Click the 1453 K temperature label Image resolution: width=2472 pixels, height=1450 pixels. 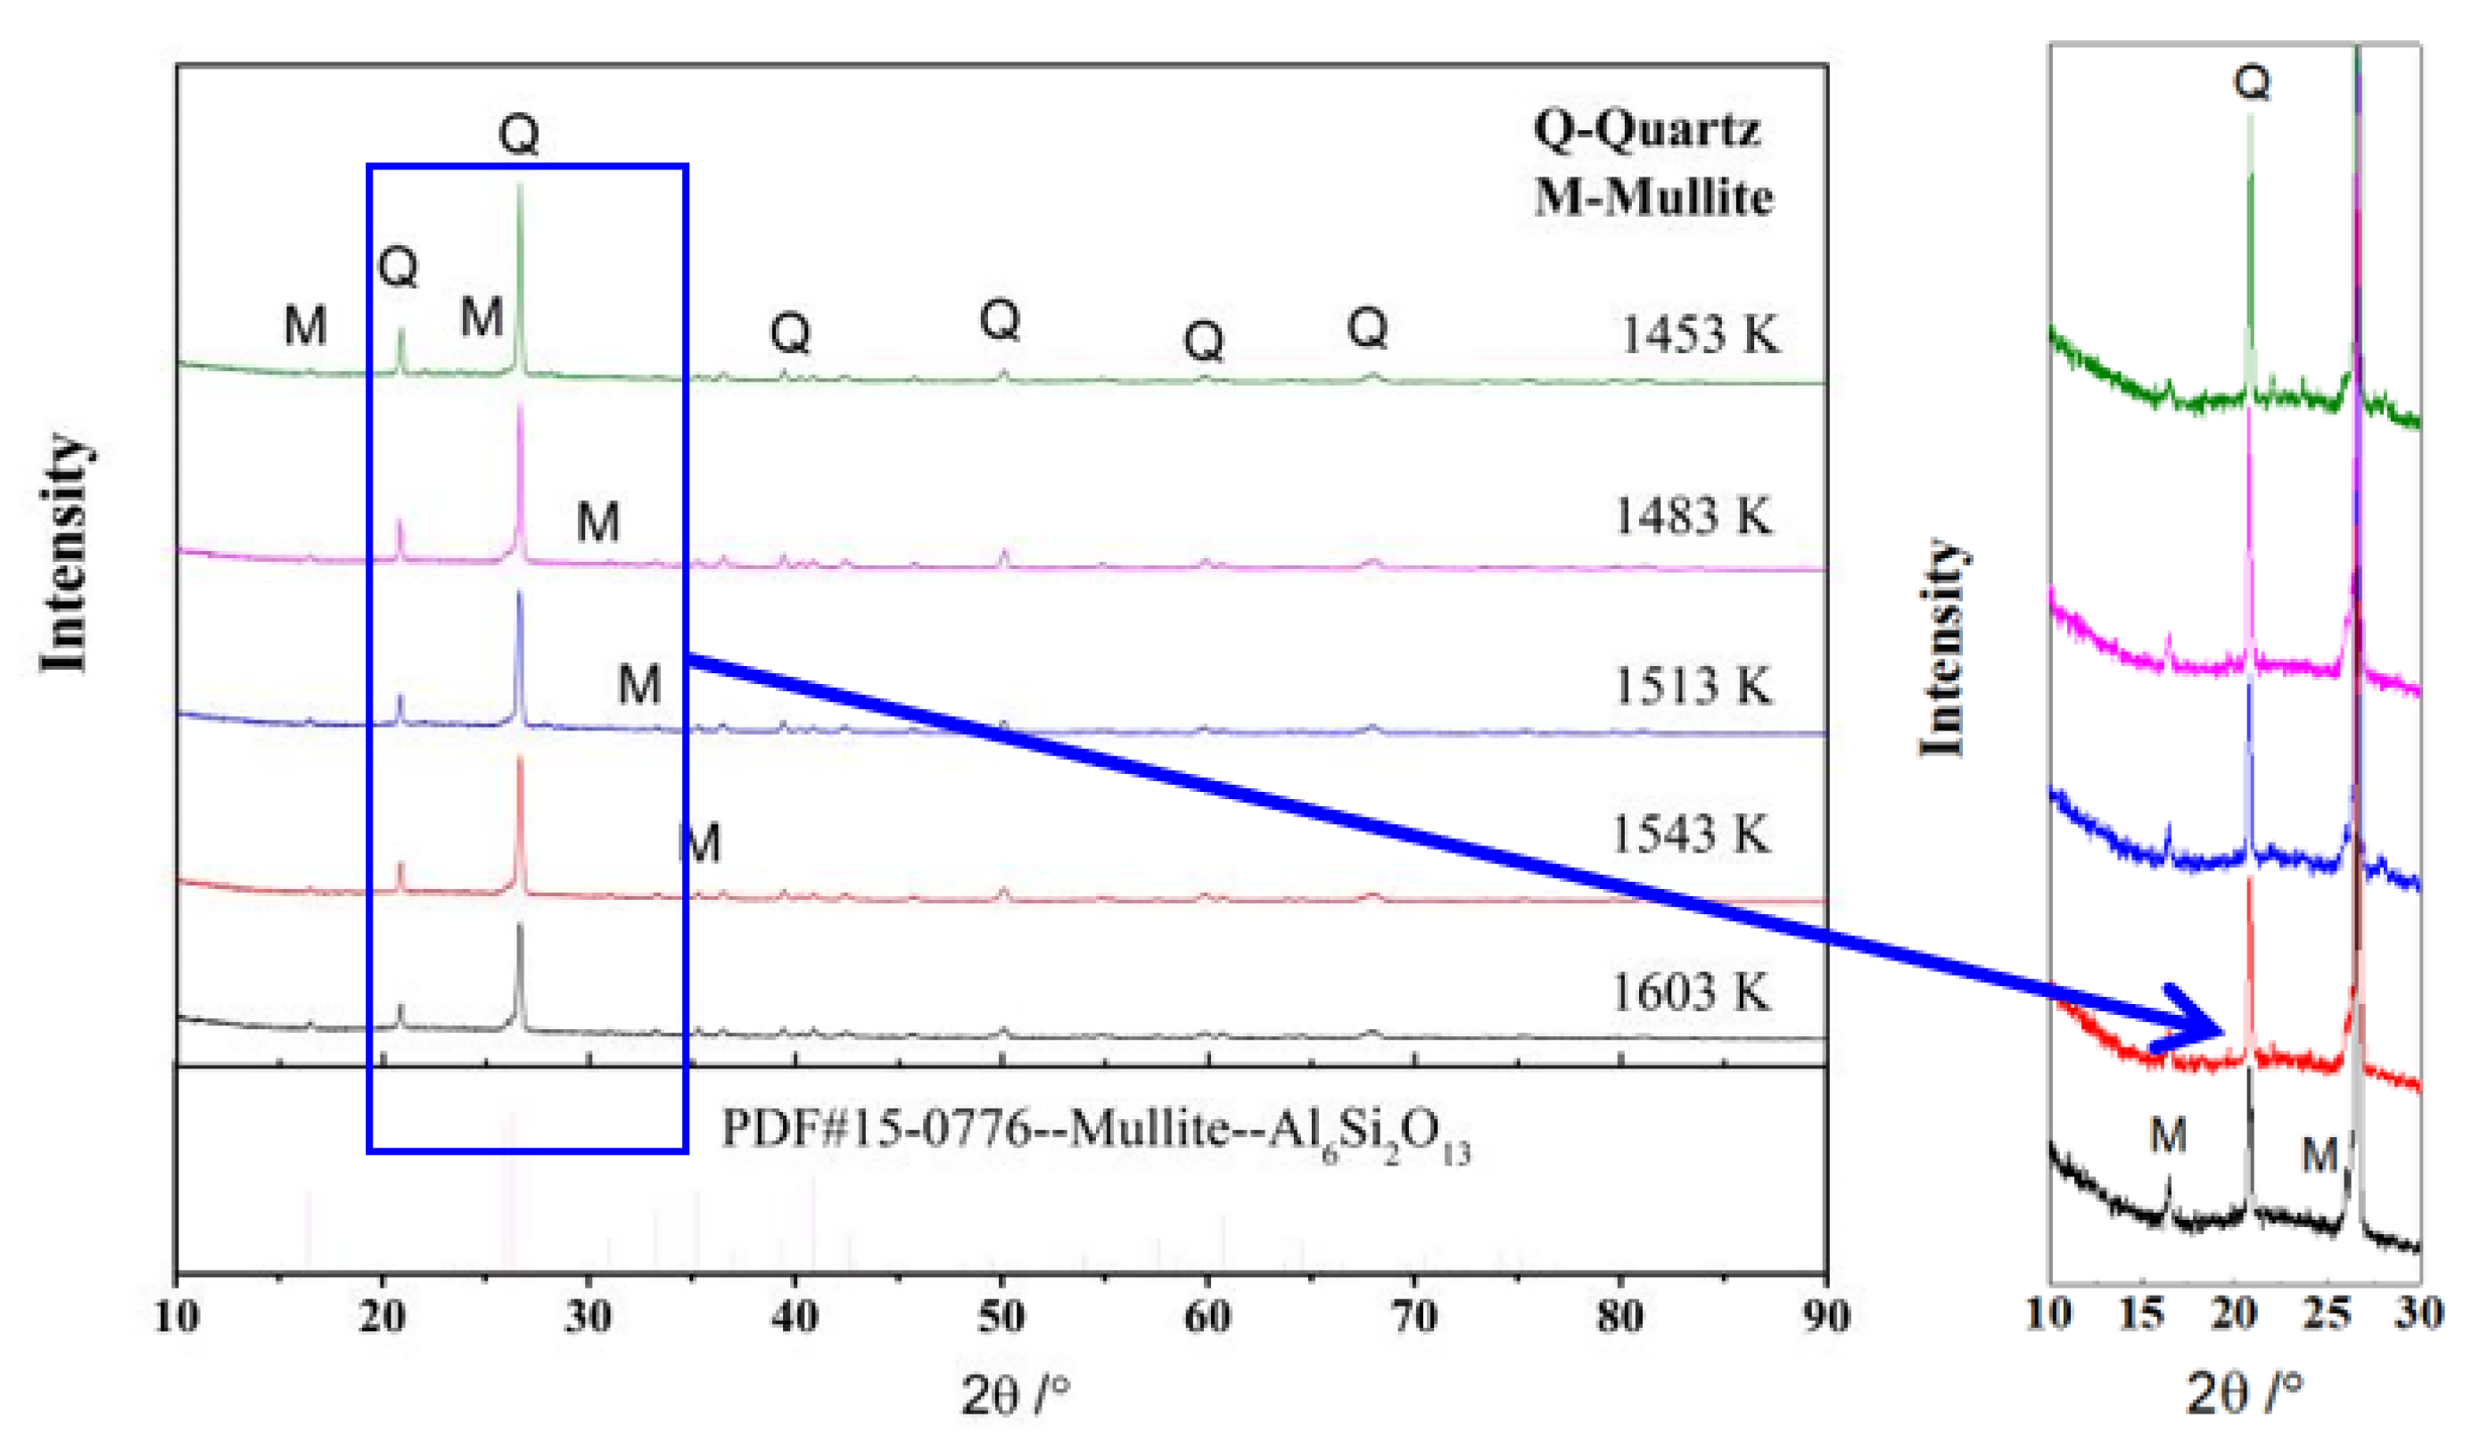pyautogui.click(x=1698, y=335)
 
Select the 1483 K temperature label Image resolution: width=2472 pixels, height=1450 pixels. pyautogui.click(x=1693, y=516)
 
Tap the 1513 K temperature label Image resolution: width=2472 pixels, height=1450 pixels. pyautogui.click(x=1693, y=686)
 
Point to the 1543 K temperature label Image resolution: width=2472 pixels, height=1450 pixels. pyautogui.click(x=1691, y=835)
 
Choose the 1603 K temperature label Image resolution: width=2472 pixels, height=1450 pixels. pyautogui.click(x=1691, y=992)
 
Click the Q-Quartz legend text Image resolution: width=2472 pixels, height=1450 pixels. pyautogui.click(x=1647, y=128)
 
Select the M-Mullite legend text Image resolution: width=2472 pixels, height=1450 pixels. pyautogui.click(x=1654, y=197)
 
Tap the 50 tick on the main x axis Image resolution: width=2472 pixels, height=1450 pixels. pyautogui.click(x=1001, y=1316)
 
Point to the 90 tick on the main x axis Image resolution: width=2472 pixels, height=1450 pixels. pyautogui.click(x=1825, y=1316)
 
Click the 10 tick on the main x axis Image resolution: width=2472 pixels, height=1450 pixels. pyautogui.click(x=177, y=1316)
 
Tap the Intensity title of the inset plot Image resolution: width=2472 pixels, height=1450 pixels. pyautogui.click(x=1943, y=647)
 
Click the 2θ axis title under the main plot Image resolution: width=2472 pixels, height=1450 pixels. pyautogui.click(x=1014, y=1396)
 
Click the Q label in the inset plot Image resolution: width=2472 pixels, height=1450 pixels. pyautogui.click(x=2251, y=82)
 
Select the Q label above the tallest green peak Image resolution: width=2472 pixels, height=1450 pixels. pyautogui.click(x=519, y=135)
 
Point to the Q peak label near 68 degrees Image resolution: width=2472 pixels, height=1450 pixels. pyautogui.click(x=1367, y=327)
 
